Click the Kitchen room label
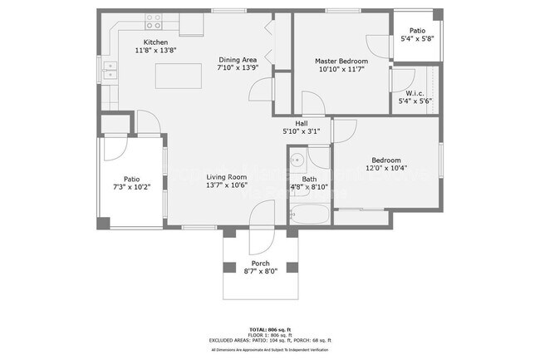pyautogui.click(x=155, y=42)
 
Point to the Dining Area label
pyautogui.click(x=237, y=60)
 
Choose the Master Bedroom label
pyautogui.click(x=341, y=61)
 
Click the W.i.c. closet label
pyautogui.click(x=415, y=93)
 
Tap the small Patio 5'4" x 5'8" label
pyautogui.click(x=416, y=32)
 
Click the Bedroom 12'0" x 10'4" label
pyautogui.click(x=385, y=160)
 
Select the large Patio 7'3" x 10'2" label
pyautogui.click(x=131, y=178)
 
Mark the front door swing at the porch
pyautogui.click(x=259, y=239)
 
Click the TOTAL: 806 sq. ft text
pyautogui.click(x=270, y=330)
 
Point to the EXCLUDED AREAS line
pyautogui.click(x=270, y=340)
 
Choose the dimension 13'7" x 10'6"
pyautogui.click(x=227, y=186)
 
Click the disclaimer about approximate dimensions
pyautogui.click(x=270, y=350)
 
